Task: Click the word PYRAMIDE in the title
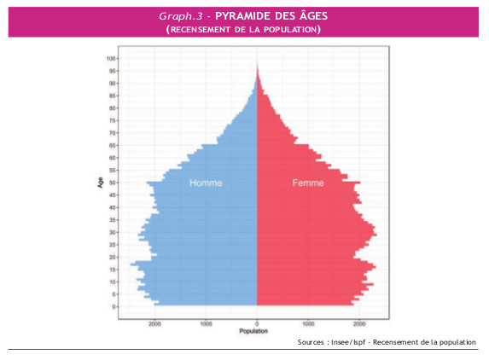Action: [242, 16]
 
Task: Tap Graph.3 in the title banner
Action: [183, 16]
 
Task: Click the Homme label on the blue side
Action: [207, 183]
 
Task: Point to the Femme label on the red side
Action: [308, 183]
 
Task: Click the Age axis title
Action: [101, 182]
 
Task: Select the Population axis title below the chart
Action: [257, 331]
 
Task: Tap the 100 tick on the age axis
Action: [111, 59]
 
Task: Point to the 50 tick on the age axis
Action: [113, 183]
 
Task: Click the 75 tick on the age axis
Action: [113, 120]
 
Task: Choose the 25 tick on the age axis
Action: [113, 244]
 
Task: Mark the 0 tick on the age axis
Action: [114, 306]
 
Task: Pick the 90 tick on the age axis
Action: [113, 84]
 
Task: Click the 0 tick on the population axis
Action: [258, 323]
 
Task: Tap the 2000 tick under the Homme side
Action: [154, 323]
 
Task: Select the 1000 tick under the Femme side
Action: [309, 323]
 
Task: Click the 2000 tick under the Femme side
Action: [359, 323]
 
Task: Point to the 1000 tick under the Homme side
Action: [207, 323]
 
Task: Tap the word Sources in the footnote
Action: [312, 342]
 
